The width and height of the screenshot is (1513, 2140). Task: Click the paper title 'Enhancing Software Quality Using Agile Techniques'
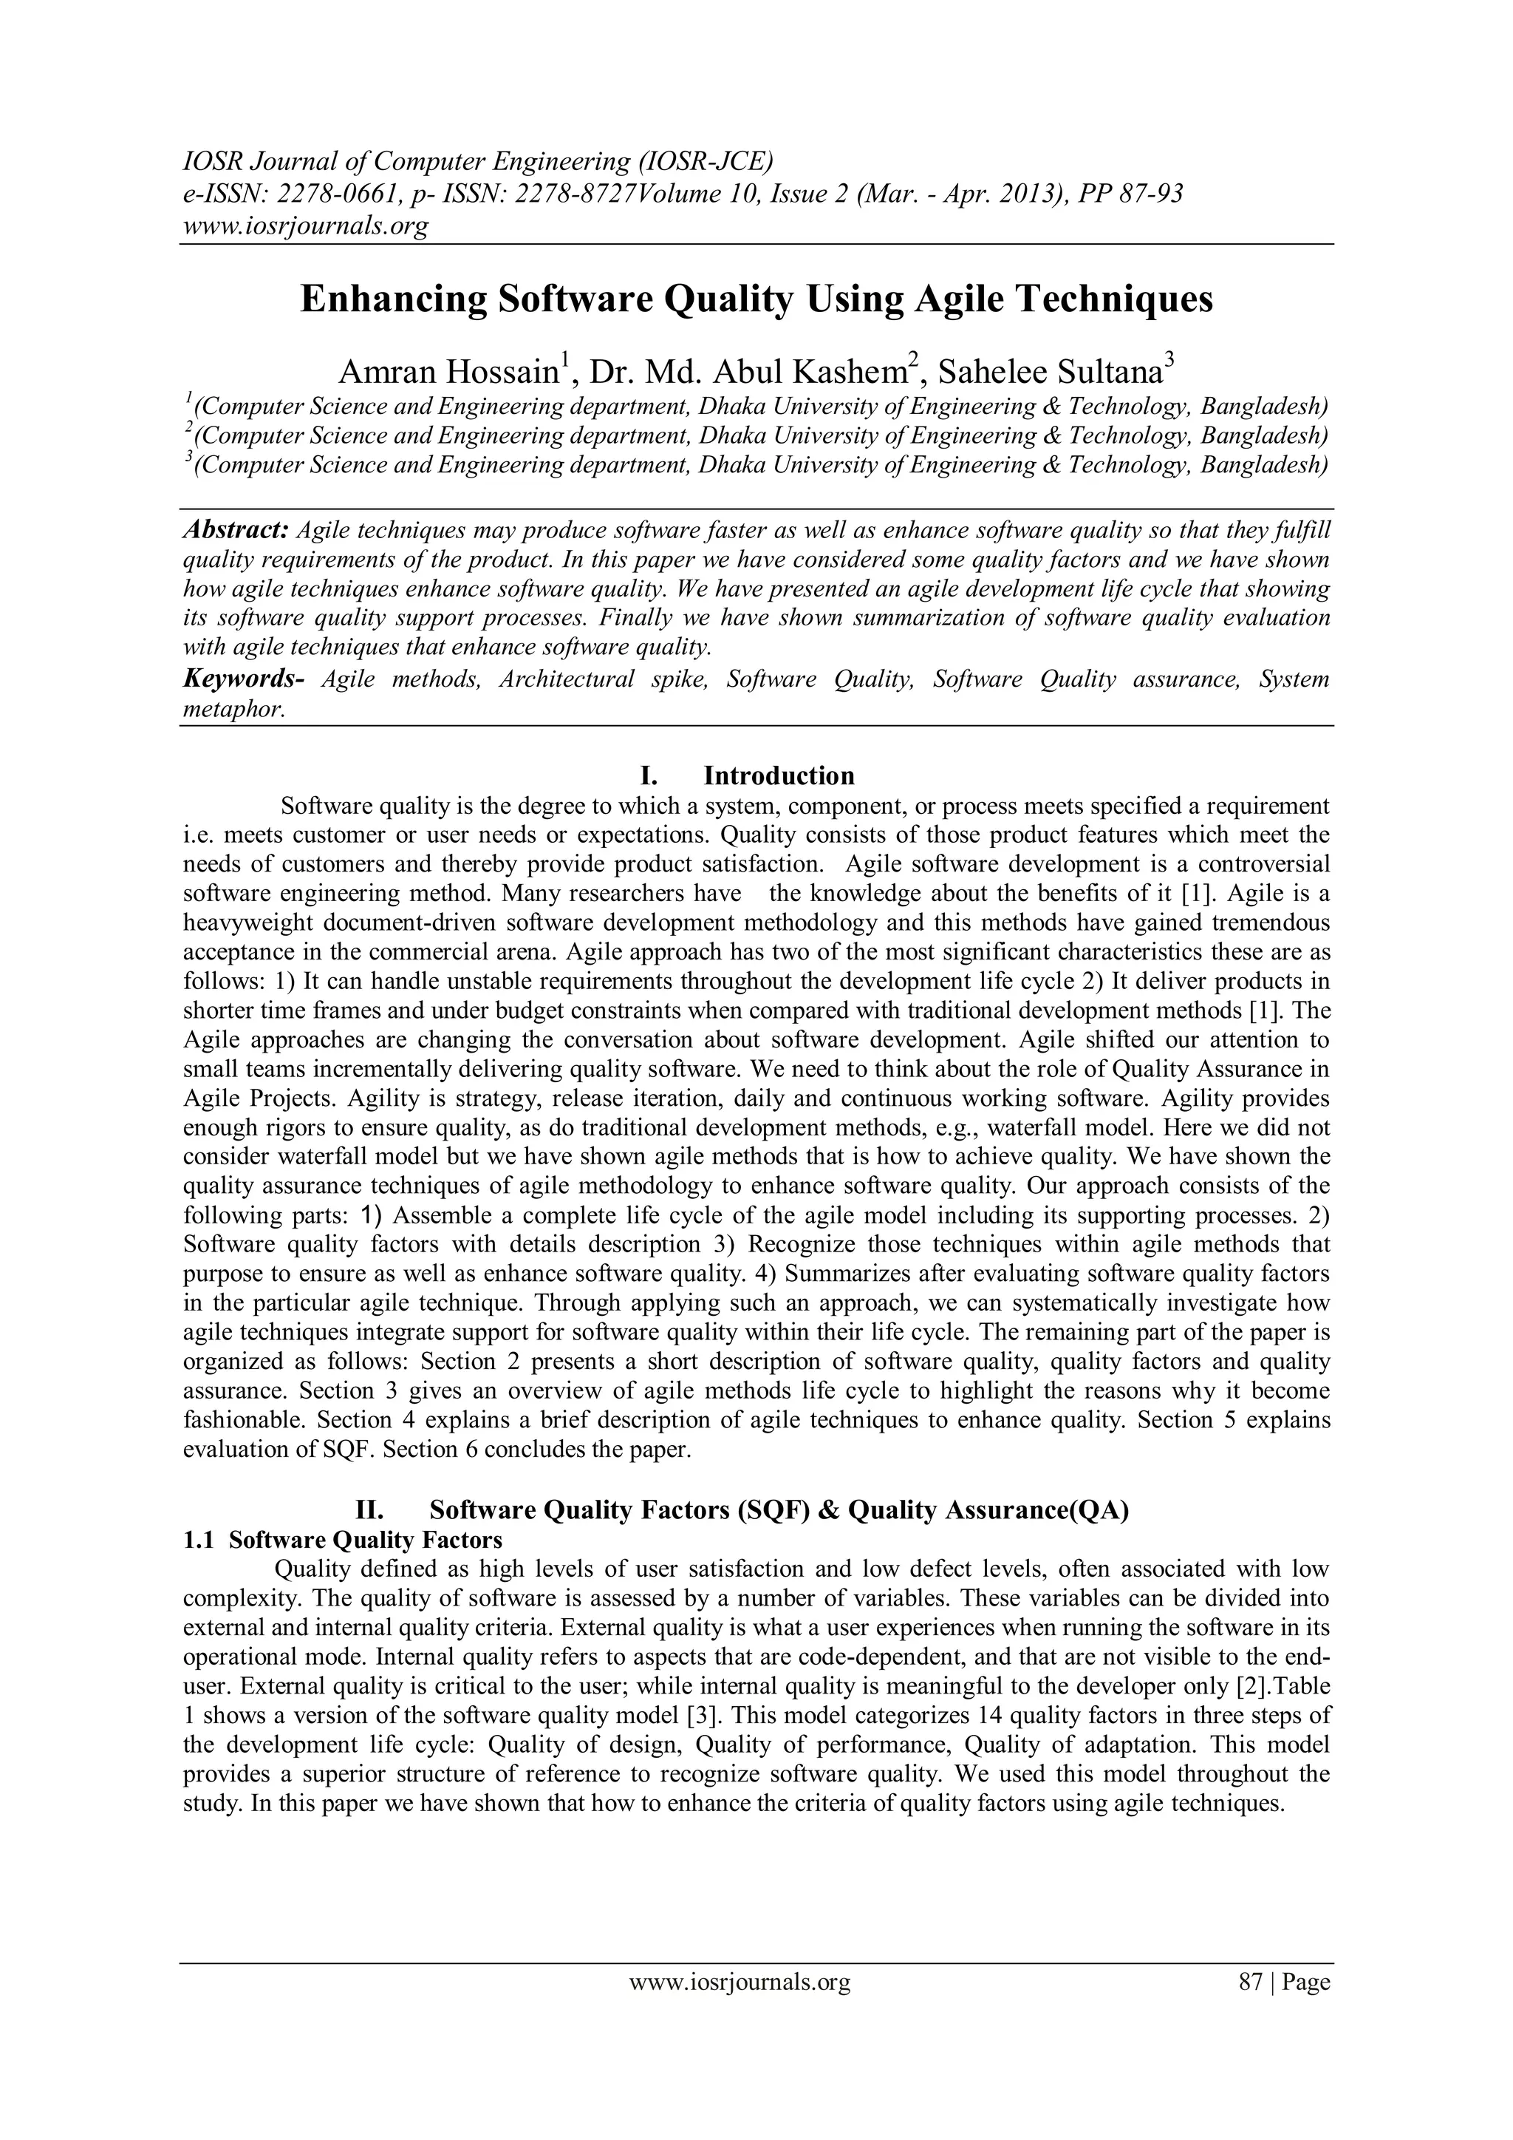(x=756, y=300)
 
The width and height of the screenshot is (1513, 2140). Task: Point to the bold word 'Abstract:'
(x=236, y=530)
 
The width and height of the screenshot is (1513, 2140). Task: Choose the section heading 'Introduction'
(x=778, y=775)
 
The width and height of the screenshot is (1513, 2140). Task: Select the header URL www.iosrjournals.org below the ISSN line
(x=304, y=225)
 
